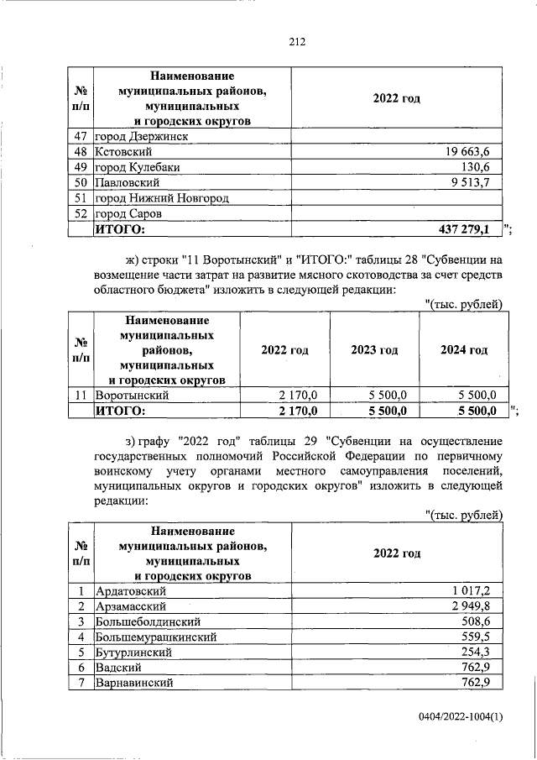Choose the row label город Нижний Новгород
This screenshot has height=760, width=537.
[x=162, y=197]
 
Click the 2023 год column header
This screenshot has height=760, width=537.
[x=374, y=350]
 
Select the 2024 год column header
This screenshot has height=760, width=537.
[x=463, y=350]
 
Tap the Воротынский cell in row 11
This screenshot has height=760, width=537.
[x=133, y=395]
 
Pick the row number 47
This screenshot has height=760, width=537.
[x=81, y=136]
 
